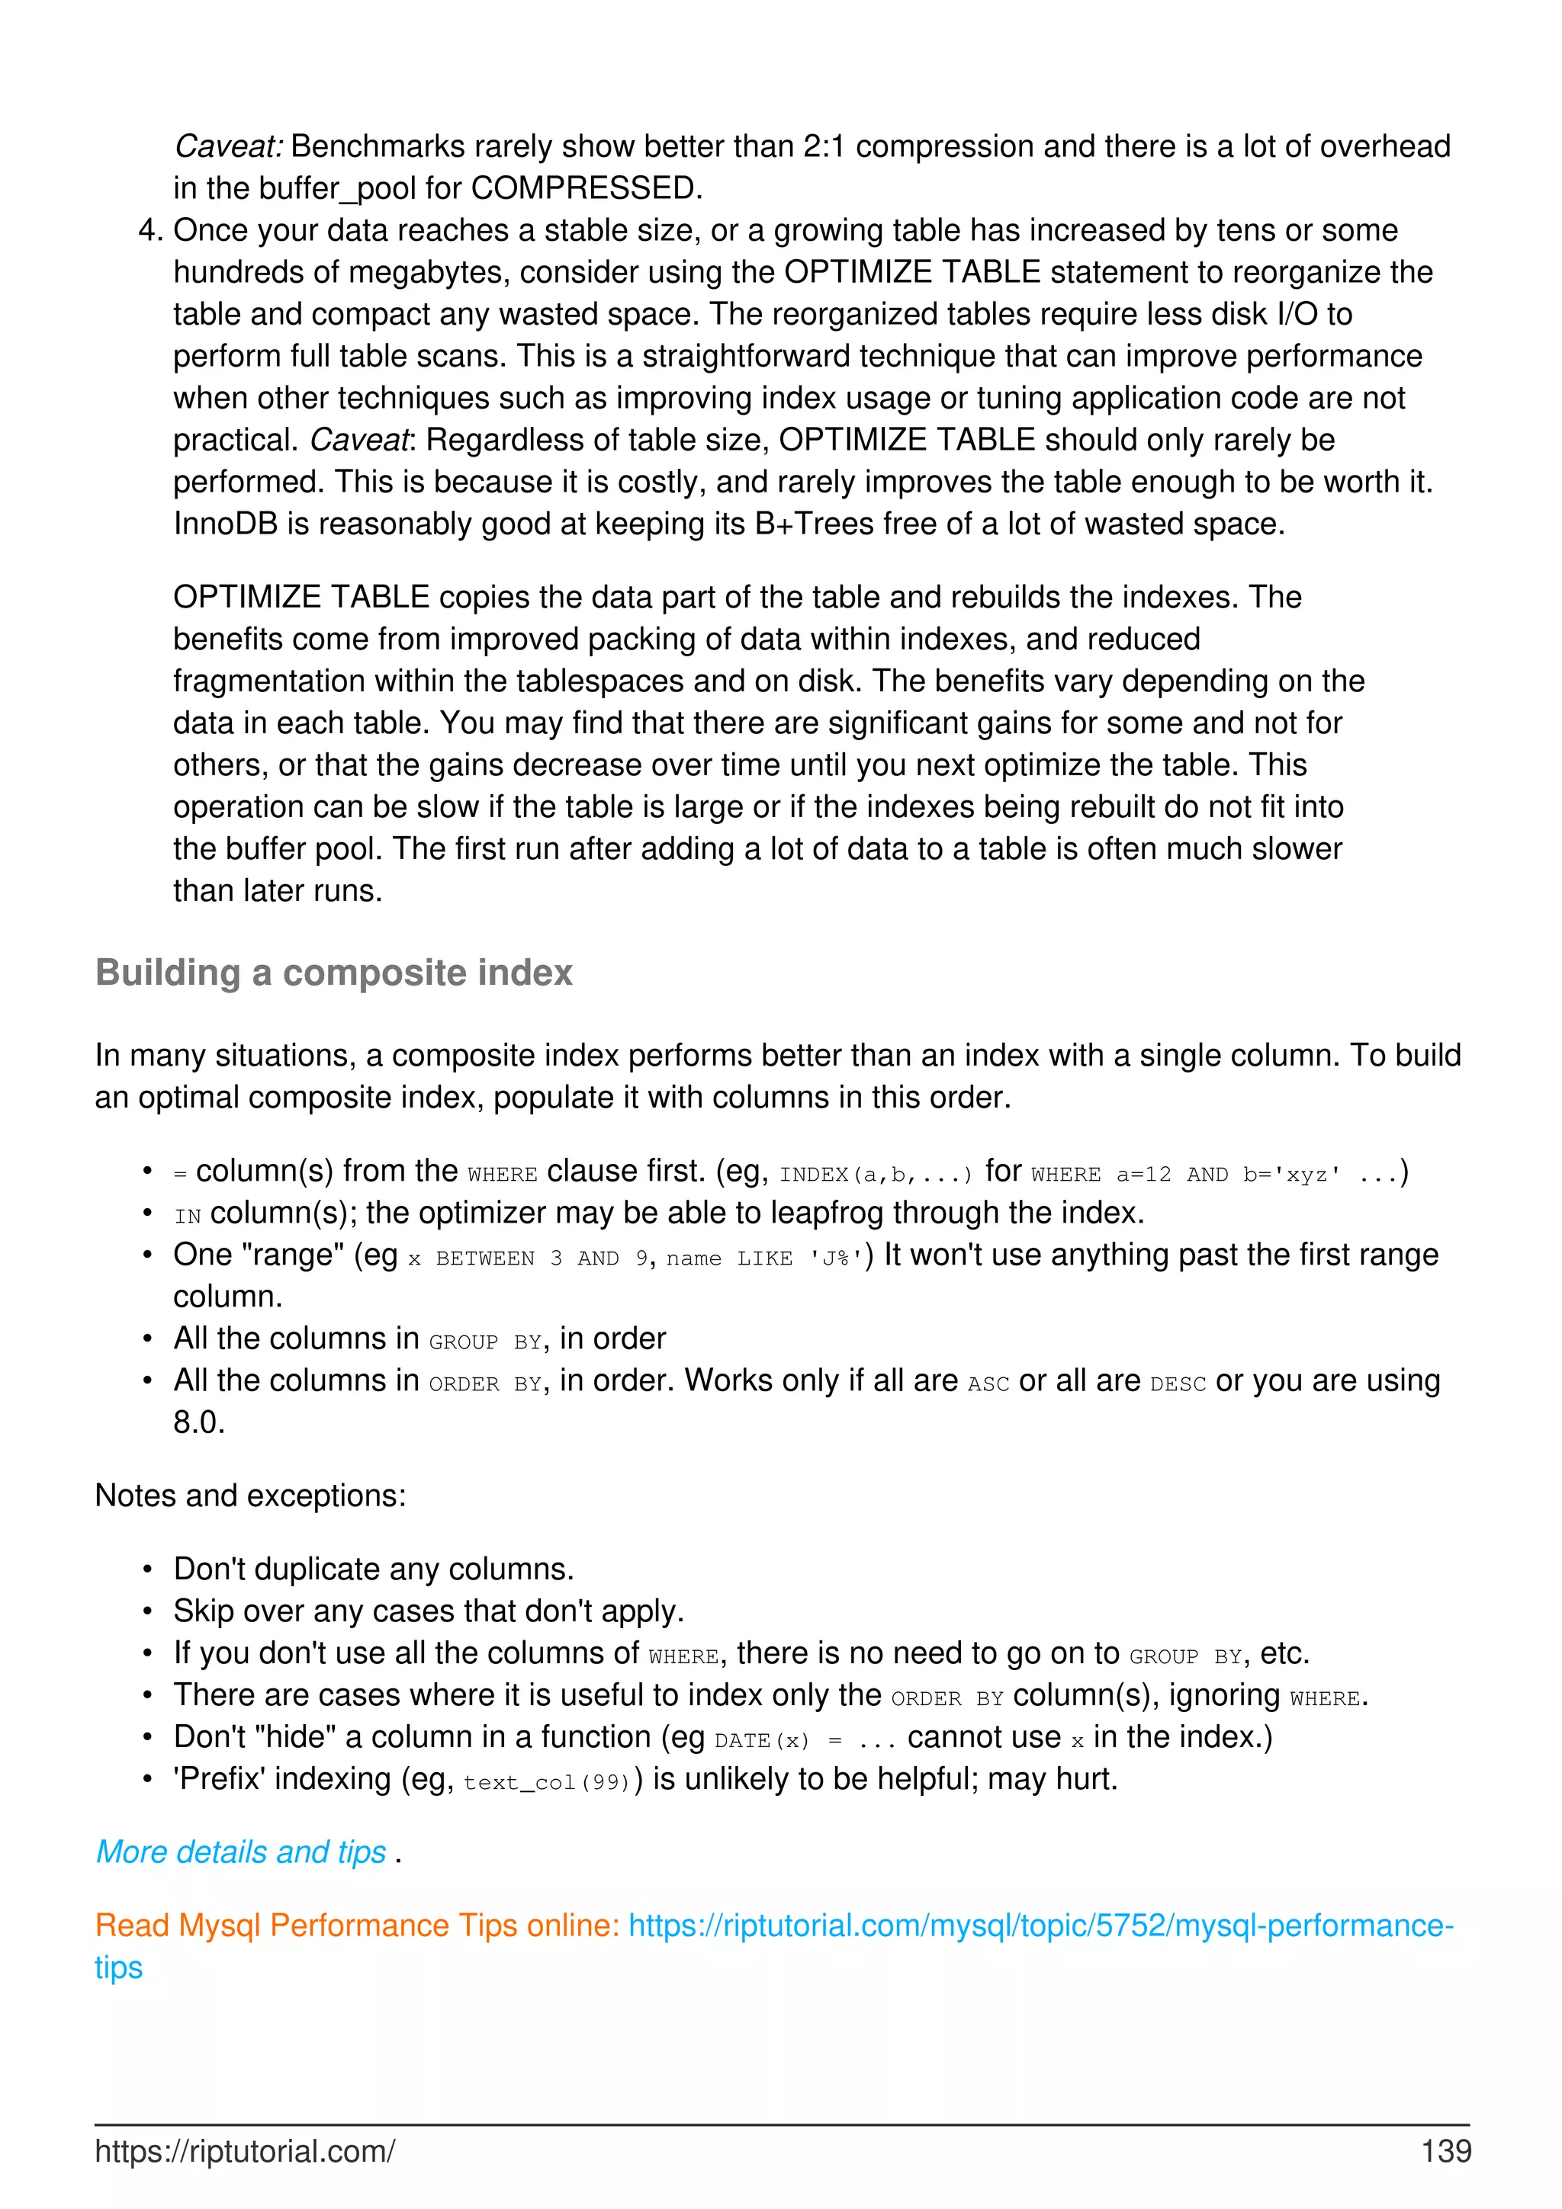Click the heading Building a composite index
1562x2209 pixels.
pyautogui.click(x=333, y=973)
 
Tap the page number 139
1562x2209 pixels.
pyautogui.click(x=1445, y=2151)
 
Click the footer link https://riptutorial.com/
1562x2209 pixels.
pyautogui.click(x=245, y=2151)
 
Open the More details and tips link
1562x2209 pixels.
pyautogui.click(x=240, y=1852)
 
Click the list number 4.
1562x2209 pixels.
pyautogui.click(x=150, y=231)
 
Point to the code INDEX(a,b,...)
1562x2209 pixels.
pyautogui.click(x=875, y=1174)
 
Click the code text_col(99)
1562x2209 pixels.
pyautogui.click(x=545, y=1782)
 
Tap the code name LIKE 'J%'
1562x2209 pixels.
pyautogui.click(x=765, y=1258)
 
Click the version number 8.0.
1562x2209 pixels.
pyautogui.click(x=198, y=1423)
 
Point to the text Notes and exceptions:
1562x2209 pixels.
pyautogui.click(x=250, y=1496)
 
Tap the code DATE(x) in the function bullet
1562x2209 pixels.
pyautogui.click(x=761, y=1739)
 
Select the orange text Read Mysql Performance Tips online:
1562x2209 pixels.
pyautogui.click(x=357, y=1925)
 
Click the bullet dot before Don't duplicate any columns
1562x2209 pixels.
pyautogui.click(x=147, y=1570)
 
